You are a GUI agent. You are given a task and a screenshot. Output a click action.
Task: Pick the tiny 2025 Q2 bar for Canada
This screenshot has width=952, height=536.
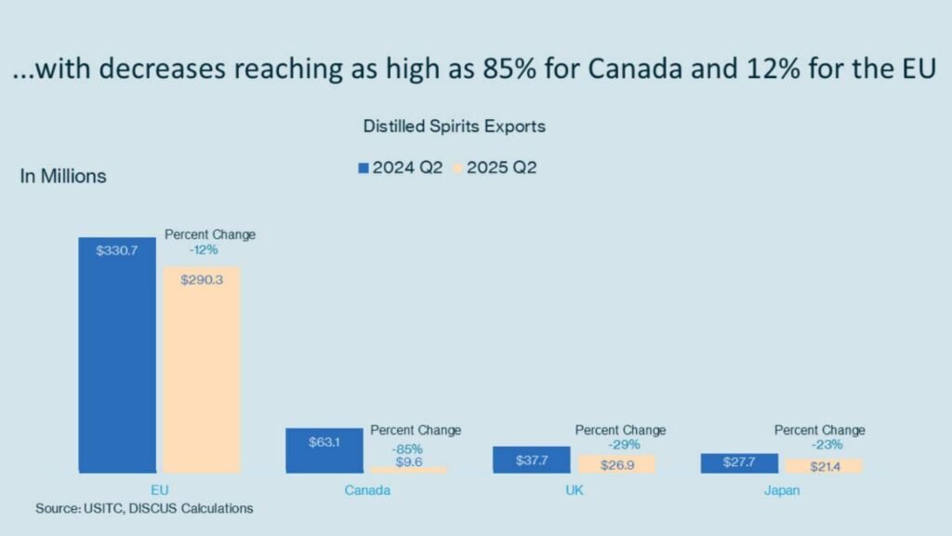click(408, 470)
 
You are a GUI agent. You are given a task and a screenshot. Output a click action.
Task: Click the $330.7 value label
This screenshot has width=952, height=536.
click(117, 250)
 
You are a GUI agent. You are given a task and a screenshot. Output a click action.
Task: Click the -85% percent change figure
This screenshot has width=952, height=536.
click(408, 448)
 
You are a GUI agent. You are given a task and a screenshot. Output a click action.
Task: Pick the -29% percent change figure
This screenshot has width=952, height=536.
click(619, 445)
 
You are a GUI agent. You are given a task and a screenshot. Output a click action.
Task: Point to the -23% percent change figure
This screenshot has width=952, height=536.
click(819, 445)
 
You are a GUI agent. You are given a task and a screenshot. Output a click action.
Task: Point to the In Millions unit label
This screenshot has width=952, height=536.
click(63, 176)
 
